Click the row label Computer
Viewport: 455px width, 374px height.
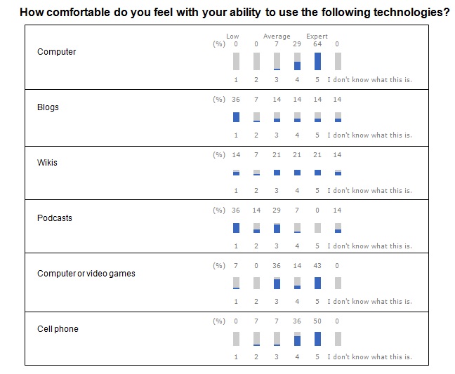(x=56, y=52)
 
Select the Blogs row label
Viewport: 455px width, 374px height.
(x=48, y=107)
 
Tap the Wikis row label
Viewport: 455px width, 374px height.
(x=47, y=163)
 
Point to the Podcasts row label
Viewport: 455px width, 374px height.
(x=54, y=218)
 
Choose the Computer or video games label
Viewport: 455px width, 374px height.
(x=86, y=274)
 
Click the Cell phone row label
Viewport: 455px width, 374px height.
(x=58, y=329)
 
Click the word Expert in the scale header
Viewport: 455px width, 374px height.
(x=317, y=36)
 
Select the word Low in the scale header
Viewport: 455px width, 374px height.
(x=232, y=36)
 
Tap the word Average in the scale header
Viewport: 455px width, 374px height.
(x=277, y=36)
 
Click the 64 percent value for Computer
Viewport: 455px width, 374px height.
(x=317, y=44)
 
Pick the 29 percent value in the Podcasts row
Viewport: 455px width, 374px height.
(x=277, y=211)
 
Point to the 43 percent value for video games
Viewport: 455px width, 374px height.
(x=317, y=266)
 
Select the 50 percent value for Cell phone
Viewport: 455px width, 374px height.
(x=317, y=321)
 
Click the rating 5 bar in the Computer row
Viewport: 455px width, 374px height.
(x=317, y=62)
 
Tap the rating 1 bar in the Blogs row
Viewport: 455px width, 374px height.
(x=236, y=117)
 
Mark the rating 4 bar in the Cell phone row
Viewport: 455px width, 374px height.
(x=297, y=340)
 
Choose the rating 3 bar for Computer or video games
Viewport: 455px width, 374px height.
(x=277, y=283)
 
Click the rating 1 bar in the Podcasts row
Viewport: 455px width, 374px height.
(x=236, y=228)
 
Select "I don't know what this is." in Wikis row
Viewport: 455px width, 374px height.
(x=369, y=191)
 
